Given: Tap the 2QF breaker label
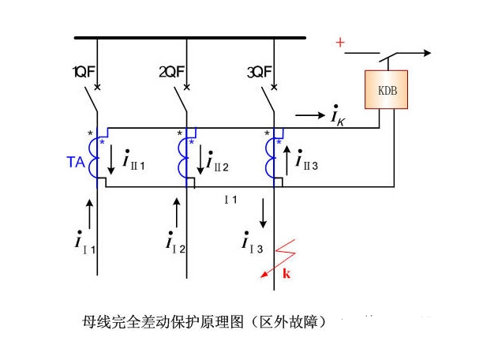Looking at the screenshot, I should pos(172,72).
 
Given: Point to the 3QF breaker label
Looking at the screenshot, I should pos(260,72).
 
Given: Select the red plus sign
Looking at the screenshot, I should pos(340,42).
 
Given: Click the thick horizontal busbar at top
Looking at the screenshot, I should pos(189,36).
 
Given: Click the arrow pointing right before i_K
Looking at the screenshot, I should pos(310,115).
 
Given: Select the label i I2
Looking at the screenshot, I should pos(175,241).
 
